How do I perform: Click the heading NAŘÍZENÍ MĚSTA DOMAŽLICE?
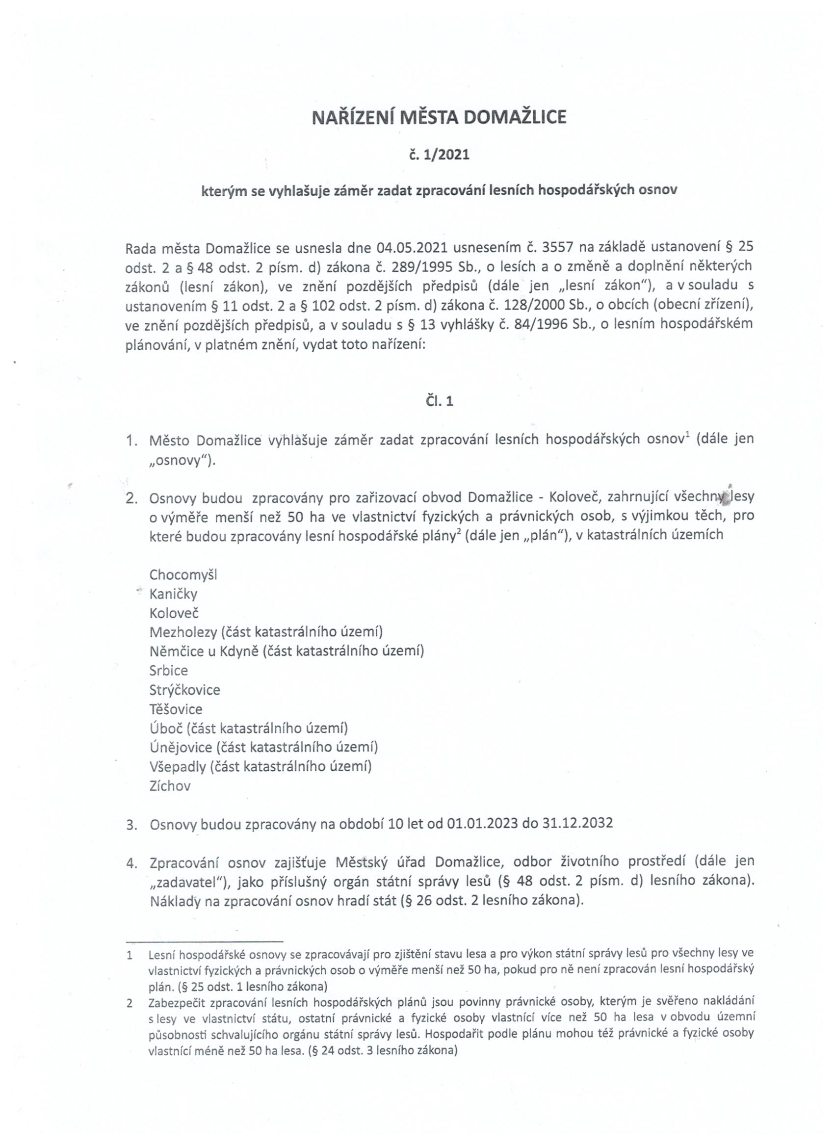tap(439, 117)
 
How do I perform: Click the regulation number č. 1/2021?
tap(439, 155)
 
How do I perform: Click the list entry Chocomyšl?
tap(183, 574)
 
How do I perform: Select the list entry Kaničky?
tap(173, 594)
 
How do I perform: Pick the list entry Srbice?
tap(168, 671)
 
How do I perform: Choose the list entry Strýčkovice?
tap(184, 690)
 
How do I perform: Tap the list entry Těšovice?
tap(176, 709)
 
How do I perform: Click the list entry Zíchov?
tap(170, 786)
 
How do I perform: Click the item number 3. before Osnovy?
tap(131, 824)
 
